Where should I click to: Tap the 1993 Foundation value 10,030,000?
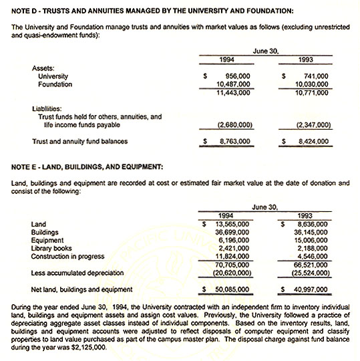click(x=311, y=85)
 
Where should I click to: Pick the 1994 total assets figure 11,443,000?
click(x=234, y=93)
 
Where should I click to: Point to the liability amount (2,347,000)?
click(x=312, y=125)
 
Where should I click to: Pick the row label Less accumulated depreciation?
click(x=77, y=272)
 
